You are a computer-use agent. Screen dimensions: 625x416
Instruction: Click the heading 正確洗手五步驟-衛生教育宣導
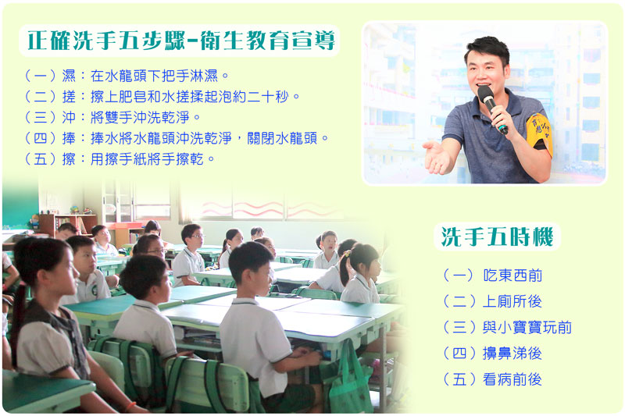(x=181, y=41)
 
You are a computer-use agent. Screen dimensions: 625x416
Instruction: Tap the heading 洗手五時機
(x=497, y=236)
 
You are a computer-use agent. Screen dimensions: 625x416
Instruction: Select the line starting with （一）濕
(x=127, y=75)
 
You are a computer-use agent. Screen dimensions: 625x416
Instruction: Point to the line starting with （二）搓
(x=162, y=96)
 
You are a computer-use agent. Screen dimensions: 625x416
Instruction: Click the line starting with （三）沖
(x=112, y=117)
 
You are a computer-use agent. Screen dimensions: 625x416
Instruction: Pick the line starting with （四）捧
(x=177, y=138)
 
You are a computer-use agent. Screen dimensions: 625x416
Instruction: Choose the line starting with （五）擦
(x=120, y=159)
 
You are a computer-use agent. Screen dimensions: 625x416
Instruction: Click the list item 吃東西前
(x=493, y=275)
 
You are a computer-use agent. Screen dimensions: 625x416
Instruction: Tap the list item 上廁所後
(x=493, y=301)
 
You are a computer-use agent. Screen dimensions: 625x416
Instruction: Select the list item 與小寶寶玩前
(x=507, y=327)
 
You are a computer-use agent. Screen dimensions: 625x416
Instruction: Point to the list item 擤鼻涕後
(x=493, y=353)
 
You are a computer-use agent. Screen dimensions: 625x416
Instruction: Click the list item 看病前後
(x=493, y=379)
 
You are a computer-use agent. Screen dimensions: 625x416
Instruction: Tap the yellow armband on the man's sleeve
(x=539, y=132)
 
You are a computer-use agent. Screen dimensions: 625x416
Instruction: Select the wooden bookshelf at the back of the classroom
(x=68, y=224)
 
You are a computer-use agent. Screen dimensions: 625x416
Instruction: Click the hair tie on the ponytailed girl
(x=347, y=253)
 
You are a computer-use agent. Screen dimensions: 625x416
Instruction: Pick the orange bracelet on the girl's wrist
(x=130, y=407)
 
